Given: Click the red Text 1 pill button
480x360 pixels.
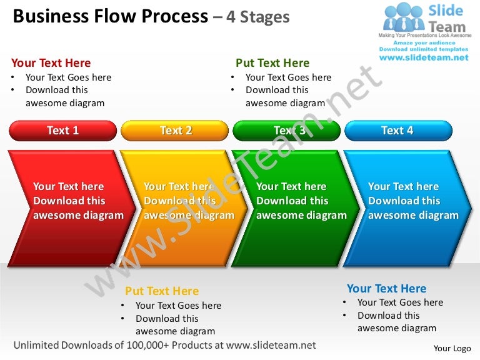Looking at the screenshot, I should [x=63, y=131].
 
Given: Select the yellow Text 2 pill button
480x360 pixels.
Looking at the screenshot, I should [x=175, y=131].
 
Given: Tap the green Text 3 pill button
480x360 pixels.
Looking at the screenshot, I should [x=287, y=131].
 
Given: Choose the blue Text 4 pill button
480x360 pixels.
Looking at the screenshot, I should [x=398, y=131].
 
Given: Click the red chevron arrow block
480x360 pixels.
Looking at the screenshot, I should [x=69, y=206].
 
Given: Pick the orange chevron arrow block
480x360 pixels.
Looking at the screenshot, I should [x=181, y=206].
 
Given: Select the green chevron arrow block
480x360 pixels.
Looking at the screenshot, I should [x=294, y=206].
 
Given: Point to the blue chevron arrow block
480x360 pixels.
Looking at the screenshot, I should [x=406, y=206].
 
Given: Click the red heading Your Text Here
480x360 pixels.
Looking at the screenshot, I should [x=51, y=63].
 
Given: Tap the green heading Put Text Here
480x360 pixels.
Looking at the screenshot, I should [x=272, y=63].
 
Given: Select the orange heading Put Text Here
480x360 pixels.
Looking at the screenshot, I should [x=162, y=291].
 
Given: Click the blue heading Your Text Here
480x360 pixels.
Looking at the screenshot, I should [x=386, y=289].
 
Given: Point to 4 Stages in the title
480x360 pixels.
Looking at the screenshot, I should [x=257, y=17].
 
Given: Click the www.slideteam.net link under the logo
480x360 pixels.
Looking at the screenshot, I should [x=424, y=57].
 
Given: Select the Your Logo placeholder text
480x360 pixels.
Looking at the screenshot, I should [x=452, y=349].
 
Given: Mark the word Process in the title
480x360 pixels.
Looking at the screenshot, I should [x=176, y=16].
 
